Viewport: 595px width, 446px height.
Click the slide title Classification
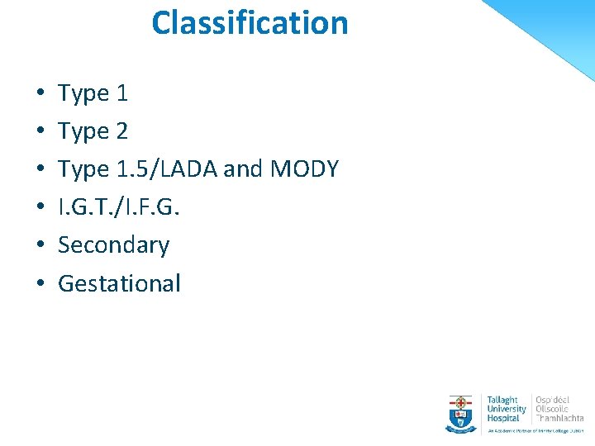tap(250, 22)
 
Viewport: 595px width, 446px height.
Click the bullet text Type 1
tap(93, 93)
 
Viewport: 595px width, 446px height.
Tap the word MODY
tap(303, 169)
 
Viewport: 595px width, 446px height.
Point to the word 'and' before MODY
tap(242, 169)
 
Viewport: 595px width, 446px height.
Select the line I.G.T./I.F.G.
tap(119, 207)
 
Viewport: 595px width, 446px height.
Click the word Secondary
tap(113, 245)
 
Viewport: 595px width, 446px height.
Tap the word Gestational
tap(119, 283)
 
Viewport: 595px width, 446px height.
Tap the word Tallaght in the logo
tap(503, 399)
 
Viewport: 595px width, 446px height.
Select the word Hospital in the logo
tap(503, 418)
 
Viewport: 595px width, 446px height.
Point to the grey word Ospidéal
tap(553, 399)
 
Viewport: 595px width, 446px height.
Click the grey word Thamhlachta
tap(559, 418)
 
